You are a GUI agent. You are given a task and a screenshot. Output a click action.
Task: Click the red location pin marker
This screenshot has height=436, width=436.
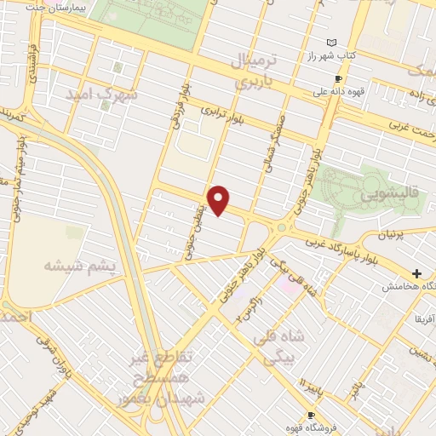[x=220, y=200]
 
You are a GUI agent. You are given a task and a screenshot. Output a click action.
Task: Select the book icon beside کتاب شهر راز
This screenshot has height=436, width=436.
[x=332, y=43]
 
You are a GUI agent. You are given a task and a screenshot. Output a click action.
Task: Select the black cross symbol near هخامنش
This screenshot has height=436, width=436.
[x=416, y=273]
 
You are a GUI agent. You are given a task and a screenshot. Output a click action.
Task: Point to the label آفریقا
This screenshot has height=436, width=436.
[x=424, y=318]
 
